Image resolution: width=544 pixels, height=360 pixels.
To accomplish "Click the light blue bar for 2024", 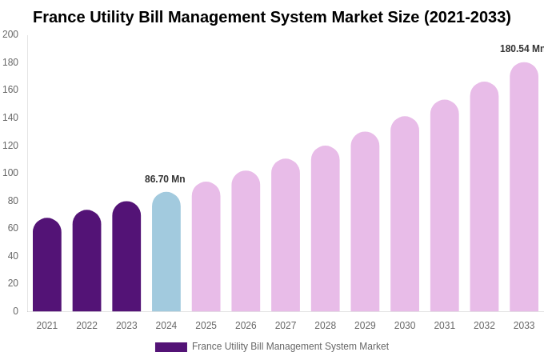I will tap(166, 252).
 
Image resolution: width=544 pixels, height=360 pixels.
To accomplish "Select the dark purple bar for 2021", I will tap(47, 265).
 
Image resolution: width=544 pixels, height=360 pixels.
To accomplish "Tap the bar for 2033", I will tap(524, 187).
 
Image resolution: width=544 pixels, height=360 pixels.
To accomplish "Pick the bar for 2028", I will tap(326, 229).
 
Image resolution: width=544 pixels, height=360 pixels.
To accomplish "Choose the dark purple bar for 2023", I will tap(126, 257).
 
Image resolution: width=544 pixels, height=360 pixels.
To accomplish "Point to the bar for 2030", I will tap(405, 214).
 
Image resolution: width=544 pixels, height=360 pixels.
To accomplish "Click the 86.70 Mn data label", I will tap(165, 179).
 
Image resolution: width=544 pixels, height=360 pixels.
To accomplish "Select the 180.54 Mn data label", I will tap(522, 49).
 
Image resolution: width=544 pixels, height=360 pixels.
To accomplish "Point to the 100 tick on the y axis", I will tap(10, 173).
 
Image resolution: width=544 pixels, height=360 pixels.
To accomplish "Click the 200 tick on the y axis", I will tap(10, 34).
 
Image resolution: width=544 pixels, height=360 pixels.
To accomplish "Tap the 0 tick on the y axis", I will tap(15, 311).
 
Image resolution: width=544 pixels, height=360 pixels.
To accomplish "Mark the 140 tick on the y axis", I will tap(10, 118).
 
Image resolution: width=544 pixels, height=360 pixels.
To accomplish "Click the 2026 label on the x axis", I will tap(246, 326).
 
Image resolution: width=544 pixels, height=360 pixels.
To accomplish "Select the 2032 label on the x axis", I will tap(484, 326).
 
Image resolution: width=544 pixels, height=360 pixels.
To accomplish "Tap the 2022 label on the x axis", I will tap(86, 326).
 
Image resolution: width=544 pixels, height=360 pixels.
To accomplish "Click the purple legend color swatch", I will tap(171, 347).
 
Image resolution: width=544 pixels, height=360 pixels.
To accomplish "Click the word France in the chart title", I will tap(58, 17).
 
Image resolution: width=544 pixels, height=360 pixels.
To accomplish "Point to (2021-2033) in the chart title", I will tap(467, 17).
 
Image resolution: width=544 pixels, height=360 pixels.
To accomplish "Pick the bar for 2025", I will tap(206, 247).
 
